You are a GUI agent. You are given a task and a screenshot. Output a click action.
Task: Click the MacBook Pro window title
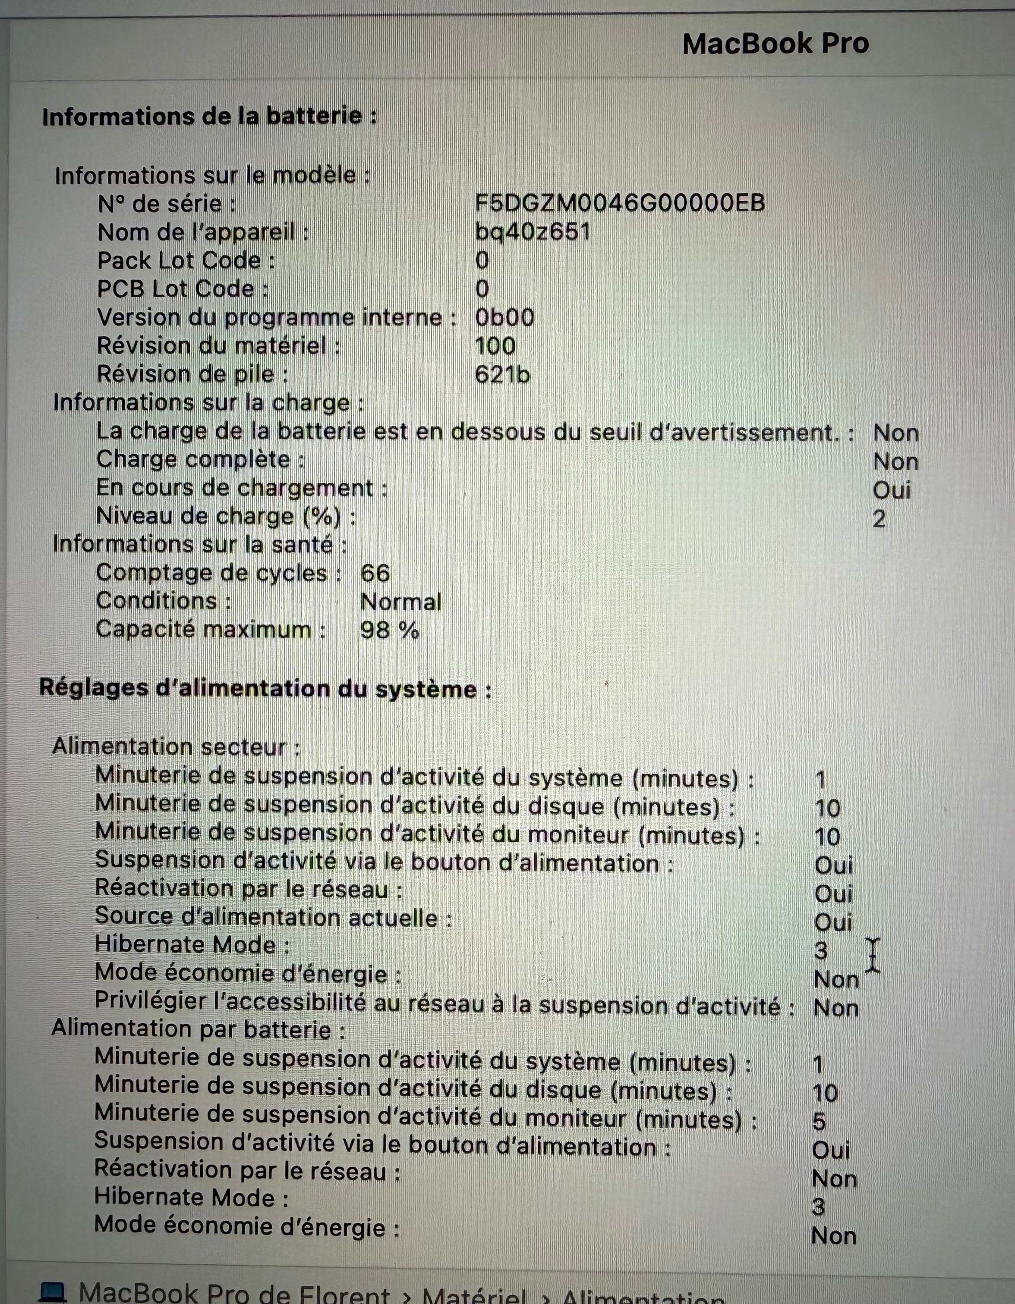tap(775, 44)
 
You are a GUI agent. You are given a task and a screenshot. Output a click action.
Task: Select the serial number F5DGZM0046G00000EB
tap(620, 204)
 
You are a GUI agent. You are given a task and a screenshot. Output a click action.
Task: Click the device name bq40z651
tap(532, 232)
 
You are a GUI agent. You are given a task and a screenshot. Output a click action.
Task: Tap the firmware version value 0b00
tap(504, 318)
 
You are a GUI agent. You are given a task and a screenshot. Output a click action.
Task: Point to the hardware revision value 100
tap(495, 346)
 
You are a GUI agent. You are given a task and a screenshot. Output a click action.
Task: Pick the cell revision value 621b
tap(502, 374)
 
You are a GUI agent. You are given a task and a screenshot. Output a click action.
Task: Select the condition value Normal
tap(401, 602)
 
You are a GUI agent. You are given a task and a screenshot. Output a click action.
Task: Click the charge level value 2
tap(879, 519)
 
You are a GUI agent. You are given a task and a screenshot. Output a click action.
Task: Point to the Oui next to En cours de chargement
tap(891, 490)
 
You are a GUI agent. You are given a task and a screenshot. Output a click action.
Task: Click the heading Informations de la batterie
tap(209, 116)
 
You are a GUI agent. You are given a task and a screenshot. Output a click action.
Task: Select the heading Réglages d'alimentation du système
tap(265, 689)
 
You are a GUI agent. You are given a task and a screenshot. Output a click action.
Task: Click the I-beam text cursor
tap(873, 955)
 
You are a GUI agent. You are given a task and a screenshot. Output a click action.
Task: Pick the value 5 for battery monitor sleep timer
tap(819, 1122)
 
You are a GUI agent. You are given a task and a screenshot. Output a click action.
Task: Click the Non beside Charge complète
tap(895, 461)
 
